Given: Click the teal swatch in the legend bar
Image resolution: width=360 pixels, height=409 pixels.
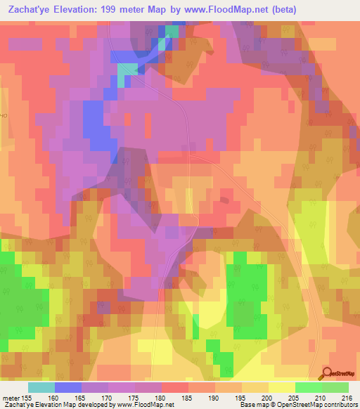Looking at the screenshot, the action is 41,387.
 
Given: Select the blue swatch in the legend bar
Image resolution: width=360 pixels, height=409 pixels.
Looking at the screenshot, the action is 67,387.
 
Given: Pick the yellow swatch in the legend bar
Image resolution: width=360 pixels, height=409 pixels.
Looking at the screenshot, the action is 281,387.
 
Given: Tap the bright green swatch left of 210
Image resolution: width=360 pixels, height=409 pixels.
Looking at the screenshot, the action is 308,387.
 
